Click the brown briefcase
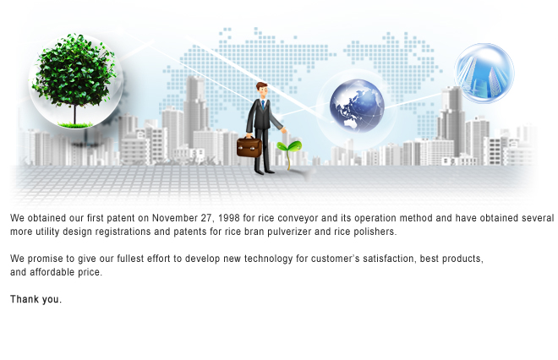tap(249, 146)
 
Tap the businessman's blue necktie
tap(263, 105)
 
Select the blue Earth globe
tap(357, 106)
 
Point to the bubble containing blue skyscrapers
tap(484, 74)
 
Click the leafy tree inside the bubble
tap(74, 79)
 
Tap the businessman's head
tap(261, 90)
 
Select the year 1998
tap(228, 218)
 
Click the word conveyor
tap(298, 218)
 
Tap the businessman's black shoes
tap(265, 172)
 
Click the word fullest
tap(130, 259)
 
